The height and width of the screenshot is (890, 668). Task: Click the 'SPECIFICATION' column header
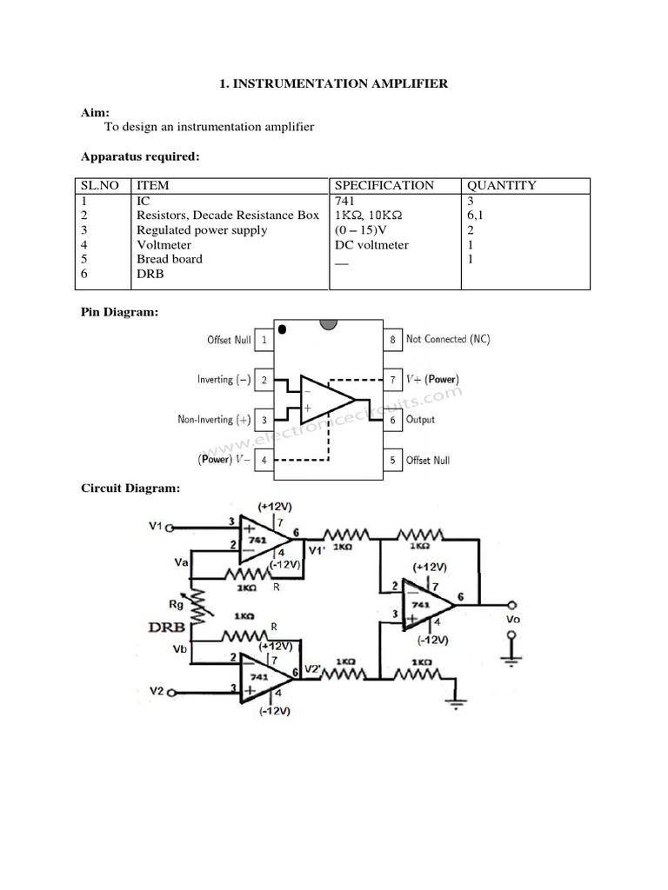point(384,185)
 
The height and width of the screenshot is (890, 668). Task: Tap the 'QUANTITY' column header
point(502,185)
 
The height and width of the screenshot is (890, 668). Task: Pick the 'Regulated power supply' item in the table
point(202,230)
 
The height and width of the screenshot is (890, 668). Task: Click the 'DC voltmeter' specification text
point(371,245)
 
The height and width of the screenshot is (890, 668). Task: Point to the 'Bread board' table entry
point(170,259)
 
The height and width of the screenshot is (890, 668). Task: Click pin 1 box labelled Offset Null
point(264,340)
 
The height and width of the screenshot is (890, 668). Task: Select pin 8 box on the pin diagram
point(393,340)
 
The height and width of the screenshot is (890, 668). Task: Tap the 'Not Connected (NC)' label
point(448,339)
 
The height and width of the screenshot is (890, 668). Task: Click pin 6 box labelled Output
point(393,420)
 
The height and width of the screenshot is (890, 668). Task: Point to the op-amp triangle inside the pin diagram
point(325,400)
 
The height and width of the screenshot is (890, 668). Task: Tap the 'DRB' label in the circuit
point(168,627)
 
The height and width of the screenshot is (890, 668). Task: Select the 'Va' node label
point(182,563)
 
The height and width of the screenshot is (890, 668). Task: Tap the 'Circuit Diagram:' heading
point(130,488)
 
